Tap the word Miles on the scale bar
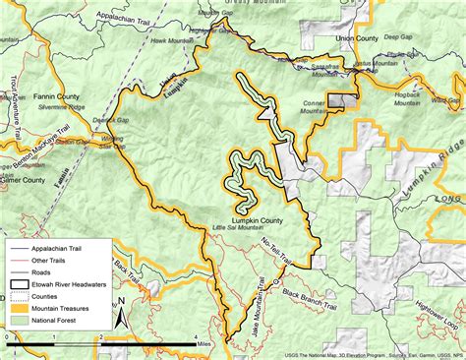pos(201,344)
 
